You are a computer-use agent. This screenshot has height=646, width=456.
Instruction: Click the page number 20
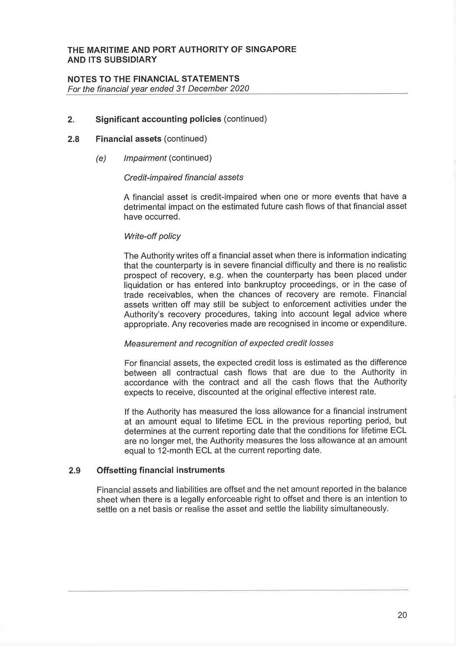click(x=402, y=615)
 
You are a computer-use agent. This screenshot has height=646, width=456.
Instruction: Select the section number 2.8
click(x=73, y=139)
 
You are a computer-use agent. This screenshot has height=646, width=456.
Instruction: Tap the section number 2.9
click(x=74, y=470)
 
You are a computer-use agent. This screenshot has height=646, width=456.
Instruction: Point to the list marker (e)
click(x=101, y=159)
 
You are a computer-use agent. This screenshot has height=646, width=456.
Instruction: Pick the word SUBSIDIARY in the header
click(x=130, y=59)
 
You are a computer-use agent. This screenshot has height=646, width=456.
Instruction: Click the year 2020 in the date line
click(x=239, y=89)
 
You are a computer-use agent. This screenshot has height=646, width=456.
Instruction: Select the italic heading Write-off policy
click(x=152, y=236)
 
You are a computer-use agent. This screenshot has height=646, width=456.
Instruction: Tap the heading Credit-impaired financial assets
click(x=184, y=177)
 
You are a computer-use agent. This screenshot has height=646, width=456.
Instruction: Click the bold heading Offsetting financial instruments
click(x=161, y=470)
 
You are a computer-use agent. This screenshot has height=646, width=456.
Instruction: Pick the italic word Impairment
click(x=145, y=158)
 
